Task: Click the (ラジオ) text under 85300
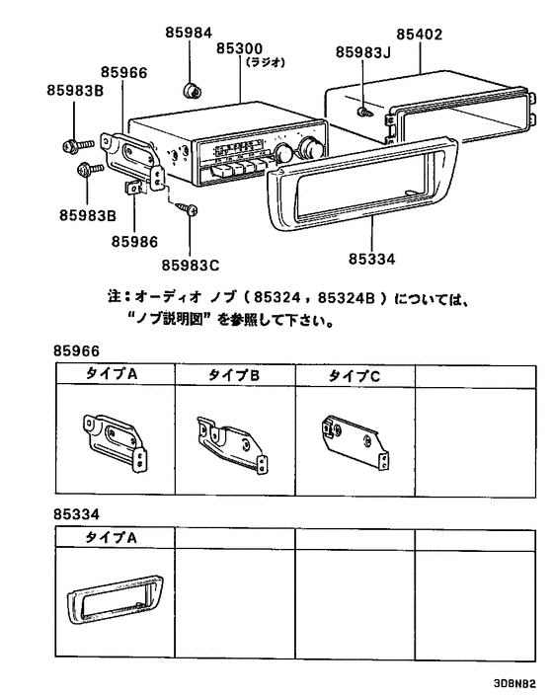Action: [266, 61]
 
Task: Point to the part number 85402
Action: [419, 34]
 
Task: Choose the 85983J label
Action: [363, 52]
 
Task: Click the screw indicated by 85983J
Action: [366, 114]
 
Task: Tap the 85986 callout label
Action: [134, 240]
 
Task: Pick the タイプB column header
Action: [234, 375]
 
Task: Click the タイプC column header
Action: [354, 375]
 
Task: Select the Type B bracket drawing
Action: [234, 440]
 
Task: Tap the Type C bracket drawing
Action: [353, 440]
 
